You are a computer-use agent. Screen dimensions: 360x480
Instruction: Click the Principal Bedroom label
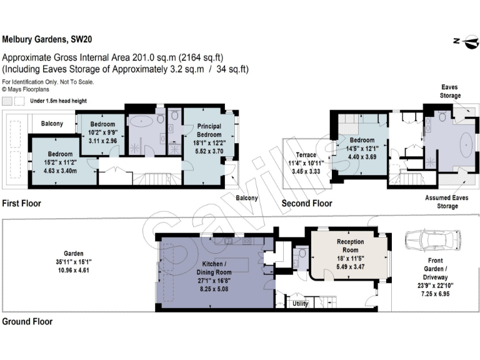coord(209,130)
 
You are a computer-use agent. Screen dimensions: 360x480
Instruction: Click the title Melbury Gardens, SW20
coord(47,39)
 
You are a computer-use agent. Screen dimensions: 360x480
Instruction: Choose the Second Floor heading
coord(307,203)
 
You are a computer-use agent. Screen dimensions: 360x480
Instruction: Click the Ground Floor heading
coord(27,322)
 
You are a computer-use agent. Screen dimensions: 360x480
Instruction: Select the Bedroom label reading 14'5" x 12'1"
coord(362,144)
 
